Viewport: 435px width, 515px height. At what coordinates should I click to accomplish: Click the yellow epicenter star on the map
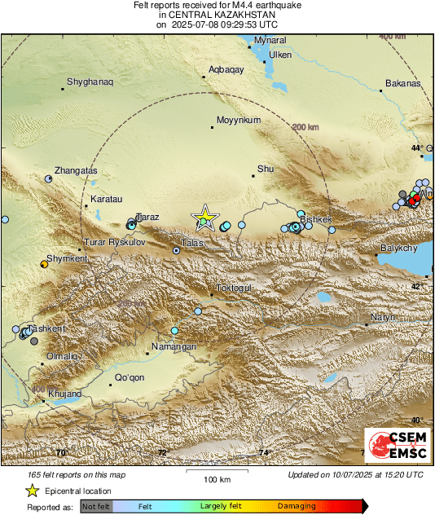[x=205, y=217]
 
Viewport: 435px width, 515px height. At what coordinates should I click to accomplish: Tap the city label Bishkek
[x=316, y=220]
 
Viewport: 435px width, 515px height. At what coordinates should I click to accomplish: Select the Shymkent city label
[x=65, y=259]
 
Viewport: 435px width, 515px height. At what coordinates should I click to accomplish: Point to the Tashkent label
[x=46, y=329]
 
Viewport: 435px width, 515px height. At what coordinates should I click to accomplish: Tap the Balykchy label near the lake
[x=399, y=248]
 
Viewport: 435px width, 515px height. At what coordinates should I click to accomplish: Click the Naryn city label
[x=383, y=317]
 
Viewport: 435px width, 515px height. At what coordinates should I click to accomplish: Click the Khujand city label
[x=64, y=394]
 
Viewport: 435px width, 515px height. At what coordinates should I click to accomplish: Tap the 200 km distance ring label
[x=305, y=128]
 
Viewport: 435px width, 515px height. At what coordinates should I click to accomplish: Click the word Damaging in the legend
[x=297, y=506]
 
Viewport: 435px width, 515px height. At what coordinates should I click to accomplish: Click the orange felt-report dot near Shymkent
[x=44, y=264]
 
